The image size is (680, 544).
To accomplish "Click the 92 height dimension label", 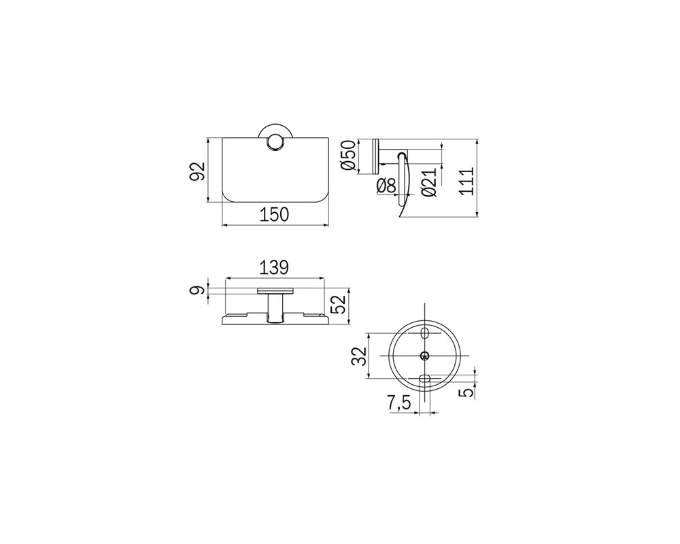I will [x=196, y=171].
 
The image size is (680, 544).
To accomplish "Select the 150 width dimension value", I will [x=275, y=215].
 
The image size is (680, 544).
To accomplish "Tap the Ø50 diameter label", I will [x=347, y=156].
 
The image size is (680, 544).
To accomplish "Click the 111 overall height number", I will [x=466, y=180].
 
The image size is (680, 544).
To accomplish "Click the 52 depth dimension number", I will [x=337, y=303].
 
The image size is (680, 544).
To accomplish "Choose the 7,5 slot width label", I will [x=398, y=403].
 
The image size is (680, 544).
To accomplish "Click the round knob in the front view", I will [x=275, y=143].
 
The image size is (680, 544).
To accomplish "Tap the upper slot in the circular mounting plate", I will [x=424, y=335].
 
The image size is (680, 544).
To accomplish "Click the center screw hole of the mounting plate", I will [x=424, y=356].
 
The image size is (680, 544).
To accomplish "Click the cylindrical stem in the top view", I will [x=275, y=308].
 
